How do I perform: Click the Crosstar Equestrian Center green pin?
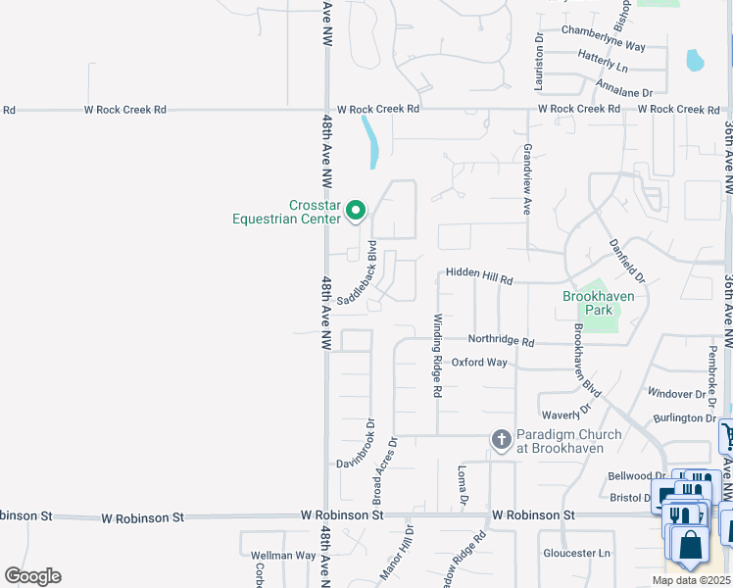click(357, 210)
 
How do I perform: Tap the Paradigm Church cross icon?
click(501, 440)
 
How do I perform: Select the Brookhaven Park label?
click(599, 303)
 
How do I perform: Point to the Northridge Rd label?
click(501, 342)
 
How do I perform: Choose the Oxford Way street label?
click(479, 362)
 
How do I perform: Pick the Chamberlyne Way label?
click(604, 46)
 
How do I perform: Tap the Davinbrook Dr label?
click(358, 447)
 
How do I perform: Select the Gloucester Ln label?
click(576, 553)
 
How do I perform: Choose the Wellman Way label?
click(283, 556)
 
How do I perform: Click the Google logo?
click(32, 576)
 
